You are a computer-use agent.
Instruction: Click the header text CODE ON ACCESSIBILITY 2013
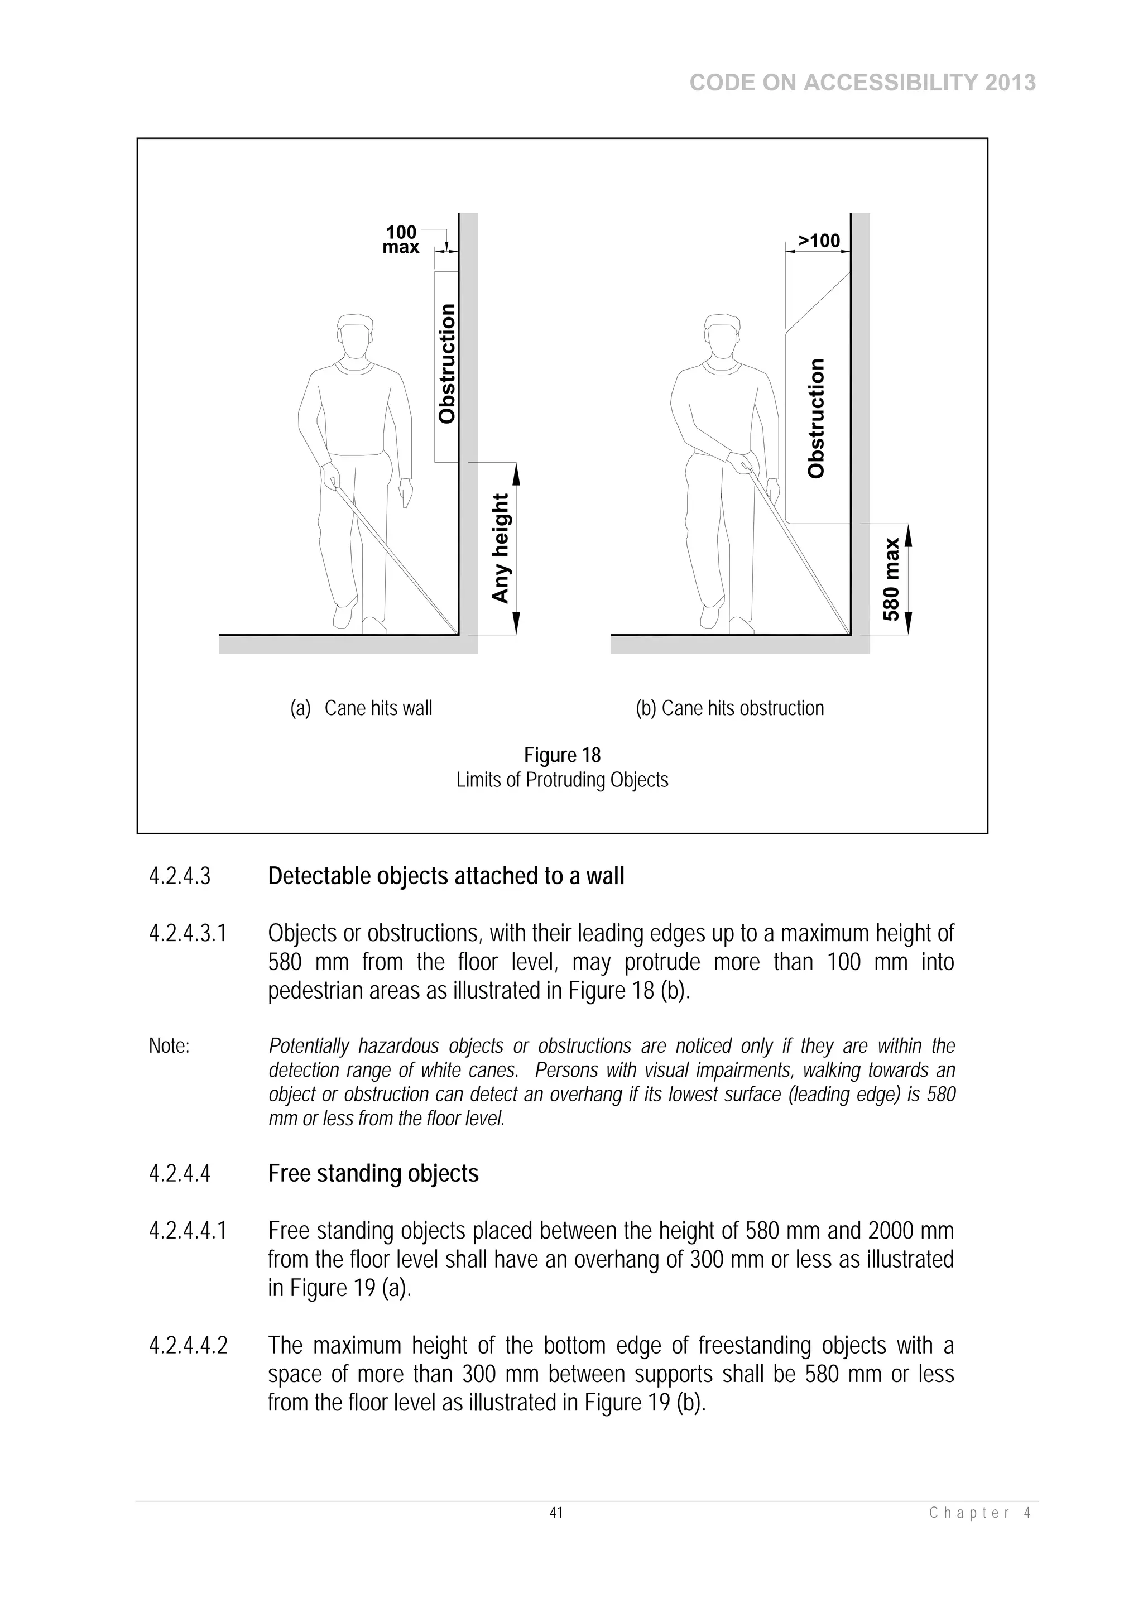click(x=862, y=83)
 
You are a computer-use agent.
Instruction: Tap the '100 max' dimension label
click(x=401, y=239)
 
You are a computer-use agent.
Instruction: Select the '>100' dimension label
click(x=819, y=241)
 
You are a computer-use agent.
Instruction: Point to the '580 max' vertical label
click(x=892, y=579)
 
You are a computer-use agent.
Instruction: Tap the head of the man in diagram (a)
click(x=354, y=337)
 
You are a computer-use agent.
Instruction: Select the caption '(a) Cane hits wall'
click(x=361, y=708)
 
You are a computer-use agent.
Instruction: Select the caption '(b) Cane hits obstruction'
click(x=729, y=708)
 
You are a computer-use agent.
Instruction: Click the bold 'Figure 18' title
click(x=562, y=755)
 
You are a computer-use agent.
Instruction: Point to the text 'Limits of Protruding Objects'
click(x=562, y=780)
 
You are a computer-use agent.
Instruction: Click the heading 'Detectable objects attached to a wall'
click(x=446, y=876)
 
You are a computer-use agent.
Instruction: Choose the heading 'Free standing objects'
click(x=373, y=1173)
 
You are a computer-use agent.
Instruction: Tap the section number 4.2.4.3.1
click(x=188, y=934)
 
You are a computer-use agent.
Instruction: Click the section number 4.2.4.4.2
click(x=188, y=1346)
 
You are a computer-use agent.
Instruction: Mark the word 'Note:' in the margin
click(x=169, y=1047)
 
